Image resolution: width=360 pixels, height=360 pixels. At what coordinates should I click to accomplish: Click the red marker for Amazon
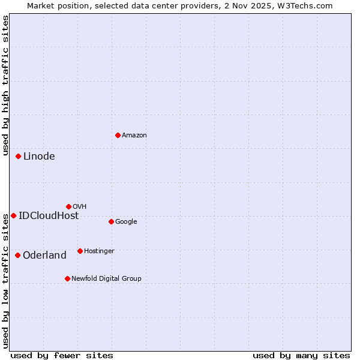click(118, 135)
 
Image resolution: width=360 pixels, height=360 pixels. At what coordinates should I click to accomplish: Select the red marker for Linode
click(18, 156)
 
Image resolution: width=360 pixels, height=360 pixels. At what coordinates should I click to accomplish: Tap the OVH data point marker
click(68, 206)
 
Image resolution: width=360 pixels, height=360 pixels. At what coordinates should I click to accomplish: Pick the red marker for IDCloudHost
click(13, 215)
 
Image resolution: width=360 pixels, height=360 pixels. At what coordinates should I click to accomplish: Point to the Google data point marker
click(111, 221)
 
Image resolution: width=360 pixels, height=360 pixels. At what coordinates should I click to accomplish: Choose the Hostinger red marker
click(80, 251)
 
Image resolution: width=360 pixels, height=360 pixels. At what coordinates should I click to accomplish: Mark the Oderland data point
click(17, 255)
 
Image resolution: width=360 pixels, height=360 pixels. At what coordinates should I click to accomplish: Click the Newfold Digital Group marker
click(67, 278)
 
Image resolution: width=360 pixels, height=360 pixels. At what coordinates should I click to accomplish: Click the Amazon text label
click(134, 136)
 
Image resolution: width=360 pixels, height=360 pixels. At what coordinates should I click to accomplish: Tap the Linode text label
click(39, 157)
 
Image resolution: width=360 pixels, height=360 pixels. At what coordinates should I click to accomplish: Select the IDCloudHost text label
click(49, 216)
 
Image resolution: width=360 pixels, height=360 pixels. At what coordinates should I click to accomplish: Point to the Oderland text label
click(44, 256)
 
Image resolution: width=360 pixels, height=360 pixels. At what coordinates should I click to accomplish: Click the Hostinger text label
click(99, 251)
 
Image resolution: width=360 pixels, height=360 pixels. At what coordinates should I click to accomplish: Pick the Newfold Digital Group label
click(106, 279)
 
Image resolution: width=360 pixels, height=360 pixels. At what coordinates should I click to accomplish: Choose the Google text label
click(126, 222)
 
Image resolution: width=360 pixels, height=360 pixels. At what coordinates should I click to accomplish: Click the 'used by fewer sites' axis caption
click(62, 355)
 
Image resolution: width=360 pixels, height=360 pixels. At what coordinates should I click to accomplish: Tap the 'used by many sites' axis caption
click(301, 355)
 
